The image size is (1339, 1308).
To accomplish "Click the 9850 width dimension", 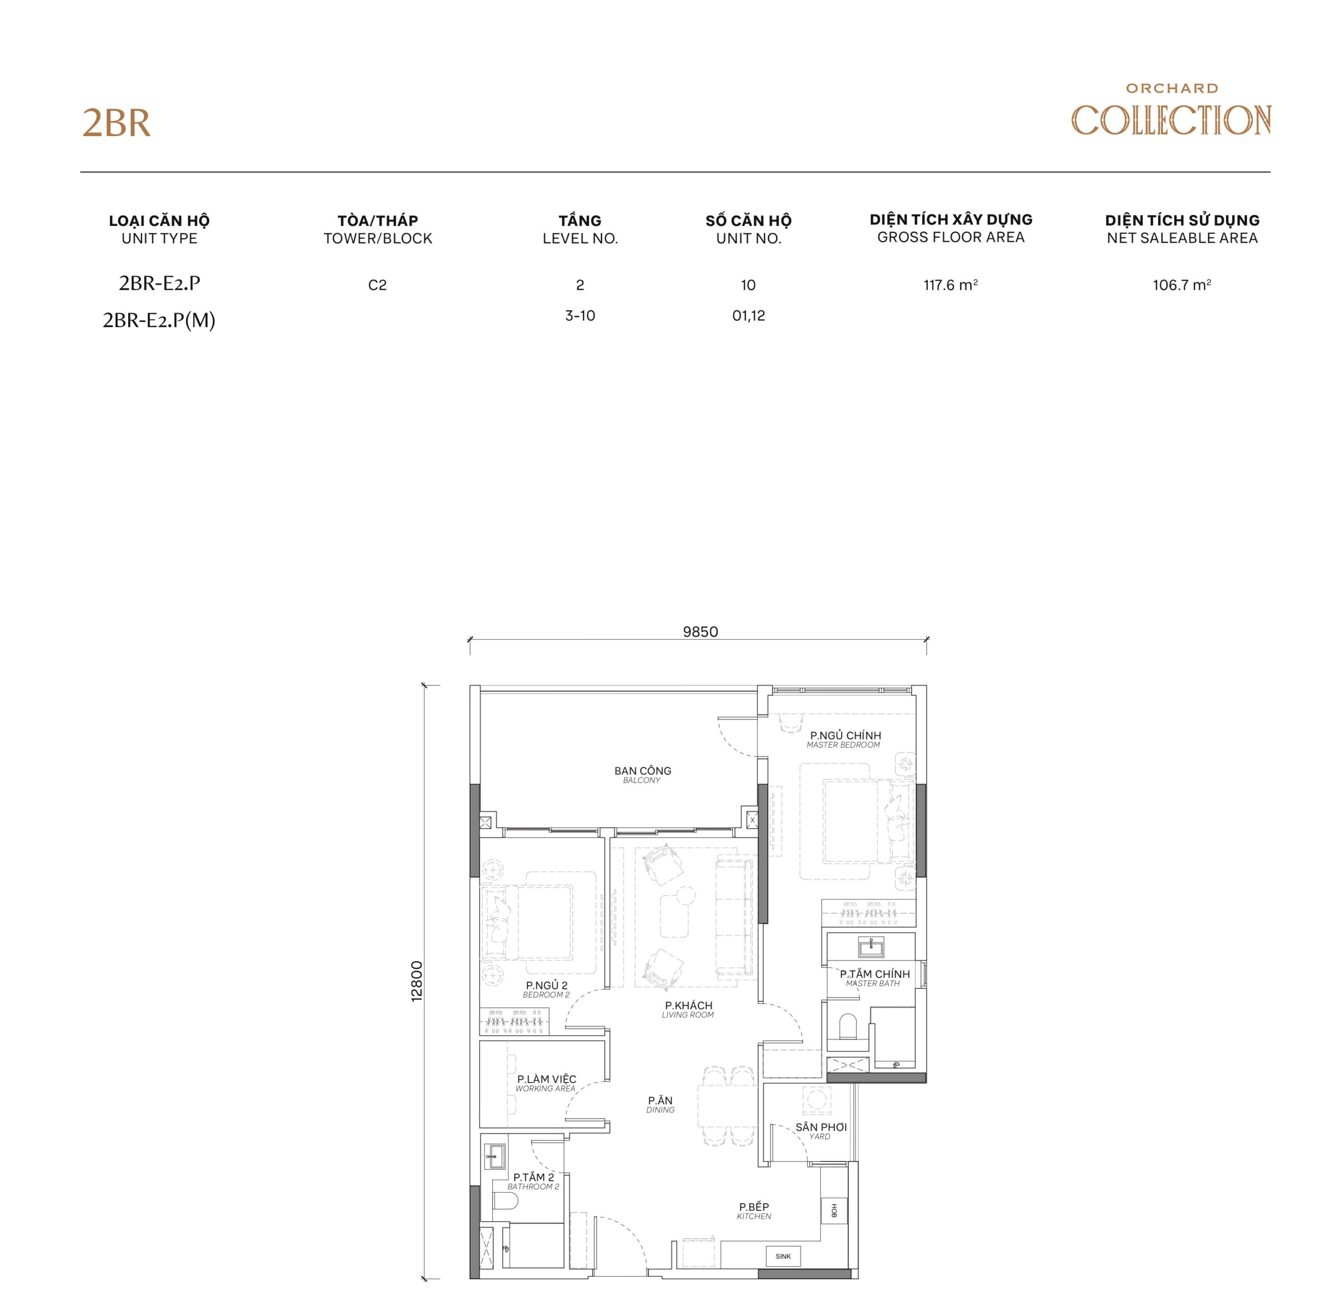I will pos(700,632).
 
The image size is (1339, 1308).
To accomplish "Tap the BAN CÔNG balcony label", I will pos(642,774).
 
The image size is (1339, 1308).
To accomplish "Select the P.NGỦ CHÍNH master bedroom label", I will pos(845,739).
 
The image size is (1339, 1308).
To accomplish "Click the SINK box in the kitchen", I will pos(783,1256).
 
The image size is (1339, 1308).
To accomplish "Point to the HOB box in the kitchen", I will pos(834,1211).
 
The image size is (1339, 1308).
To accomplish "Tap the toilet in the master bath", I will pos(848,1027).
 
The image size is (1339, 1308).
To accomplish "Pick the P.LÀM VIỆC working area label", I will pos(546,1083).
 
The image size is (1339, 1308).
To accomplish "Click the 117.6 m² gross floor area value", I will pos(950,285).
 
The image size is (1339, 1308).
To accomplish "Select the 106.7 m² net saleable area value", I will pos(1181,285).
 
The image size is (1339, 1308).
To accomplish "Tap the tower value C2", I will pos(377,285).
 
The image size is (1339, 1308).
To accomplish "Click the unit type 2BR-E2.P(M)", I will pos(158,320).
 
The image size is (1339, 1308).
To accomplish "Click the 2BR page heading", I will pos(116,123).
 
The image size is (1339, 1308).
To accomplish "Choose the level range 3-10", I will pos(580,316).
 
